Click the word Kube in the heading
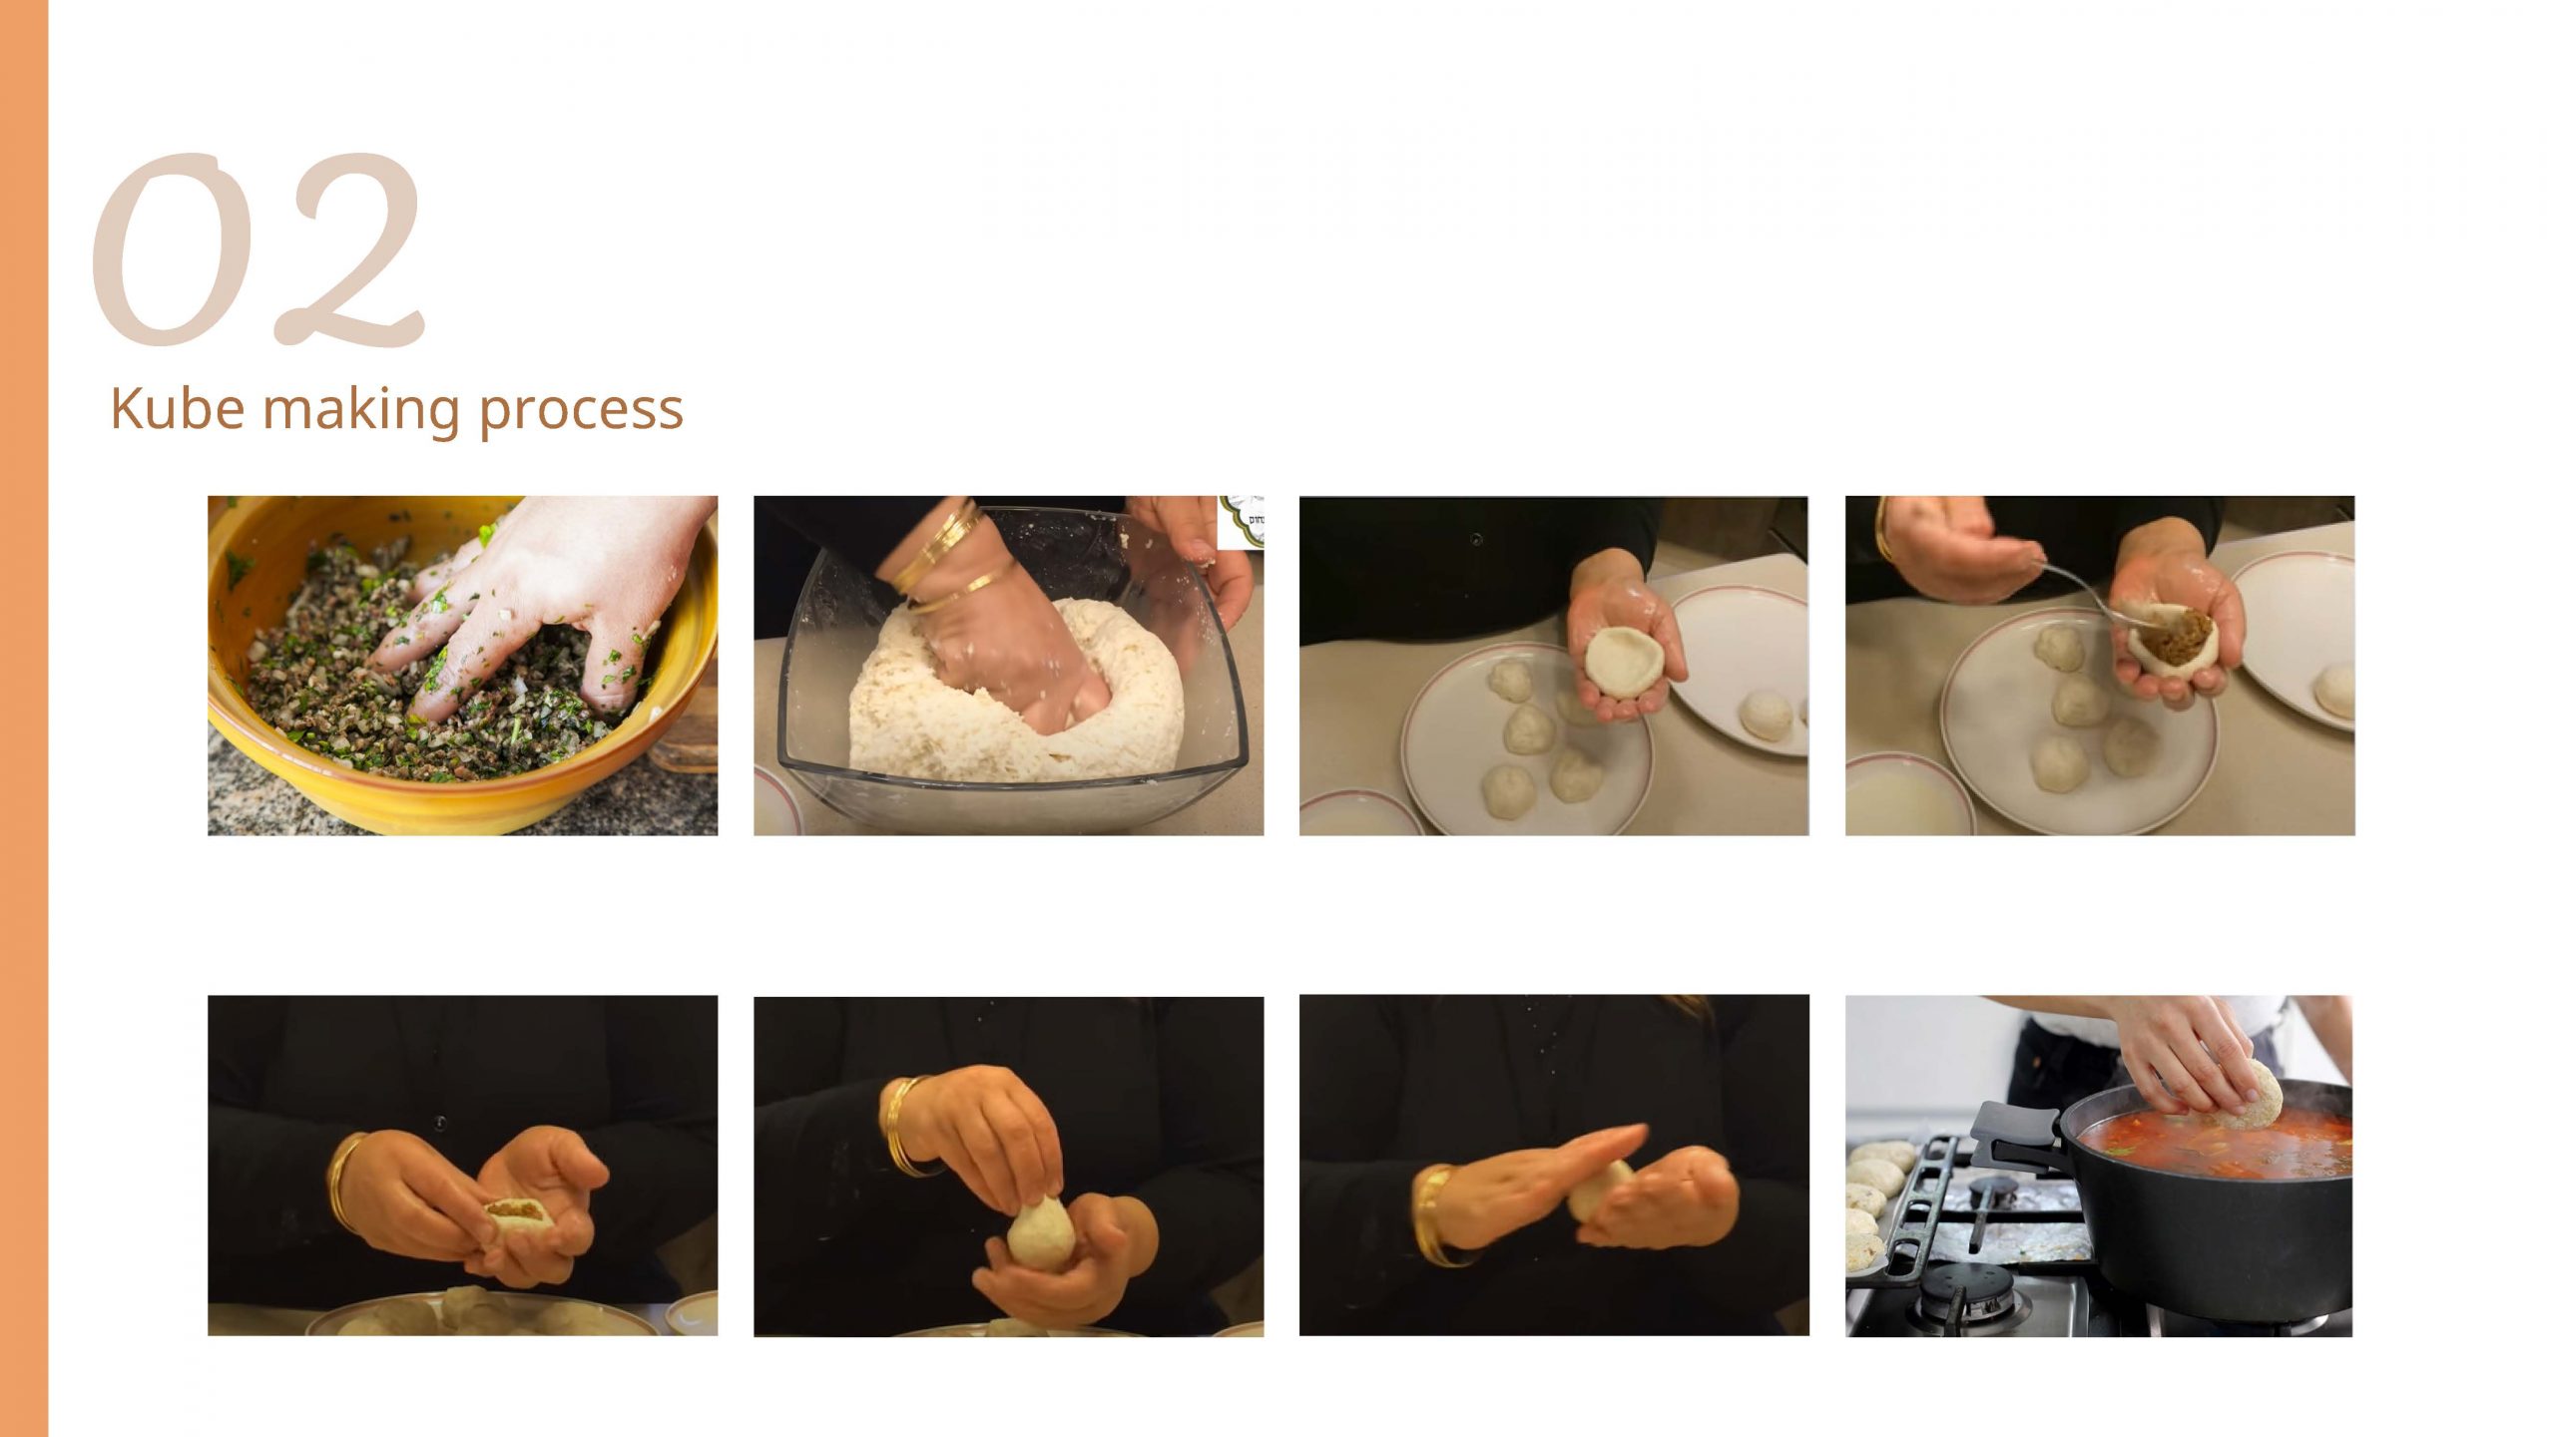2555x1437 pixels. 177,408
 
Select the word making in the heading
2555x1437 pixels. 361,410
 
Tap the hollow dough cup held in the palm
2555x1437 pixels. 1622,659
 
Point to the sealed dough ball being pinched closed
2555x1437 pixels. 1040,1235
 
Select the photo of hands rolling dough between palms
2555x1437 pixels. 1554,1165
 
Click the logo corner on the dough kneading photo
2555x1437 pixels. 1241,521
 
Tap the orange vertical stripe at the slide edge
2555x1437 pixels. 24,718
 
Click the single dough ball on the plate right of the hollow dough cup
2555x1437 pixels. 1767,716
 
